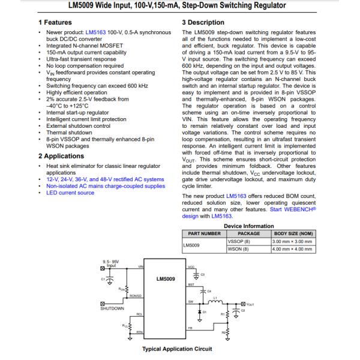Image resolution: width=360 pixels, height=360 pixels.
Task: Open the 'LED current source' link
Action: (70, 193)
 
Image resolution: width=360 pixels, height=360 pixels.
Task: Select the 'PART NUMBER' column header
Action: (204, 233)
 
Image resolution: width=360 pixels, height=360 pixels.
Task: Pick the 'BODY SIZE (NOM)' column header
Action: (294, 233)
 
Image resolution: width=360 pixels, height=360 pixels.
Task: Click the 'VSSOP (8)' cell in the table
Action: (240, 241)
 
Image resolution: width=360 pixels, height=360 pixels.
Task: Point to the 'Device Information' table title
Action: (248, 226)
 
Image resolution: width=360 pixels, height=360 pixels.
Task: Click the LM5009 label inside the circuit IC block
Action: (165, 278)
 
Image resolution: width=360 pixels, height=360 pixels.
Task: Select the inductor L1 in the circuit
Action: (214, 302)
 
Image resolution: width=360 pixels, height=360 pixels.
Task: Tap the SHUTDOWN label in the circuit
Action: (112, 308)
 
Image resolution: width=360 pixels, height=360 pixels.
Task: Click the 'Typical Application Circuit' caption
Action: (176, 349)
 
